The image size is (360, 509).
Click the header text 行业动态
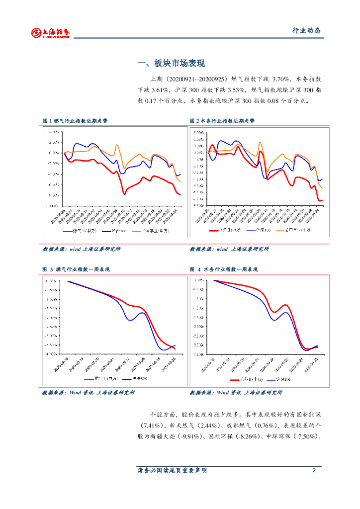[306, 31]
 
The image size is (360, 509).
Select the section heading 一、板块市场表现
[171, 64]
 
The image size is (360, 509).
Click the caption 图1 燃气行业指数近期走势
[75, 121]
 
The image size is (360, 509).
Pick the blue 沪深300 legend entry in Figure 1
[115, 231]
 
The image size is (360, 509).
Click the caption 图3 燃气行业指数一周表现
[76, 269]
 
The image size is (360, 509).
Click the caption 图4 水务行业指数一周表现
[224, 269]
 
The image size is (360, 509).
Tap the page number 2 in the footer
[314, 470]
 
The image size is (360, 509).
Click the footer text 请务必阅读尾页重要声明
[172, 470]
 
